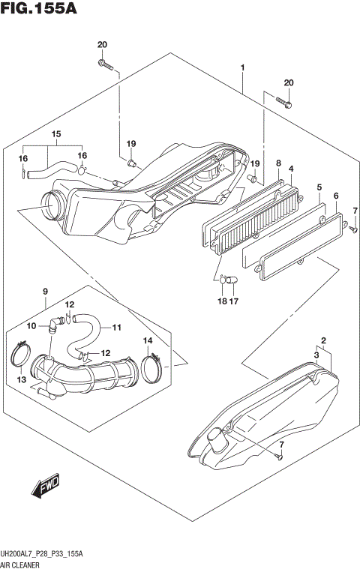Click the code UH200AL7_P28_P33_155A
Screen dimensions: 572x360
coord(52,553)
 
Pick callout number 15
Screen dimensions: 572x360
coord(55,135)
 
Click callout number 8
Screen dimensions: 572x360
coord(277,163)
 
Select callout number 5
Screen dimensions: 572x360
coord(319,187)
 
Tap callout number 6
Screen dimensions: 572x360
coord(336,196)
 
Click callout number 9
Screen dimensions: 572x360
coord(45,291)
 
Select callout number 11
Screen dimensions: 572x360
coord(117,328)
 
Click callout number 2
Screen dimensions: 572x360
coord(323,340)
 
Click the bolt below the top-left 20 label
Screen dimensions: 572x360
coord(106,67)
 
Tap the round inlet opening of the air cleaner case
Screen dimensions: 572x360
coord(51,201)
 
